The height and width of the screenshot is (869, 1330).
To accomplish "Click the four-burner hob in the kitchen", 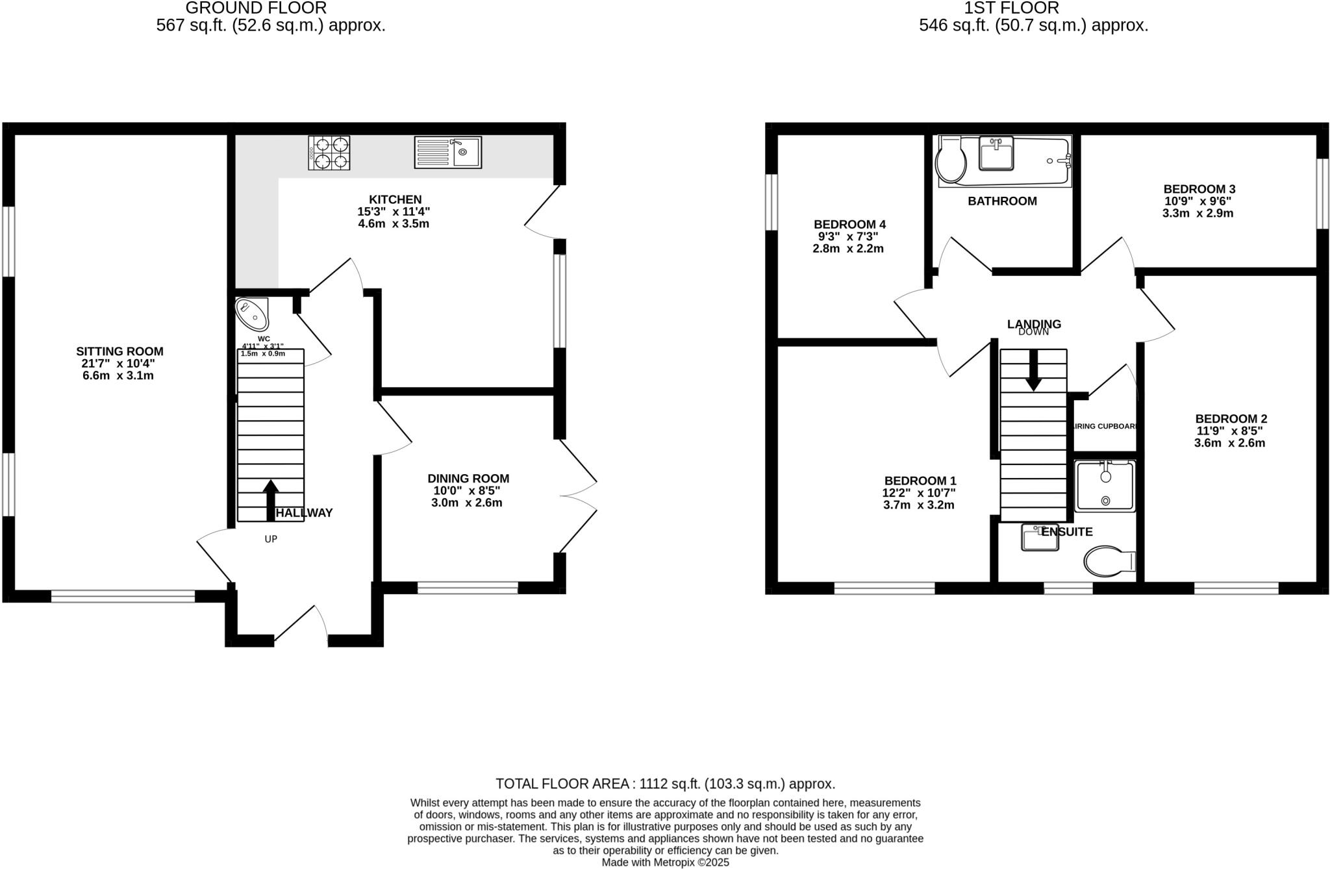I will (329, 153).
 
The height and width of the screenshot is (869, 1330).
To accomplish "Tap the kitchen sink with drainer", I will (447, 152).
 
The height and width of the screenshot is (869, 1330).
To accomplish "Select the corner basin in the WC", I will (252, 314).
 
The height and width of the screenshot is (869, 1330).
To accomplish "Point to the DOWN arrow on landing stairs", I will (1033, 372).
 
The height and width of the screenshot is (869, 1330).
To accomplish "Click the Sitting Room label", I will (119, 351).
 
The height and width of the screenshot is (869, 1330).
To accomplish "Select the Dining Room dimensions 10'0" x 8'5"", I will (468, 491).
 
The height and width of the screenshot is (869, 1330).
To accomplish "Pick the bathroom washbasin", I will (996, 154).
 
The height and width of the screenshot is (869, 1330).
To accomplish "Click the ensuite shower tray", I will (1105, 486).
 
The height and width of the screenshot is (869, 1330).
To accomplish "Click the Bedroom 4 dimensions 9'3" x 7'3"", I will (848, 236).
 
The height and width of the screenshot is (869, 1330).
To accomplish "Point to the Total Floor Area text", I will (665, 783).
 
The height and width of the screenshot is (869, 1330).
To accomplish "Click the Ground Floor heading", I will (256, 8).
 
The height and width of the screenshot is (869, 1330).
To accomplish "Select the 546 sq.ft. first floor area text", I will (1033, 25).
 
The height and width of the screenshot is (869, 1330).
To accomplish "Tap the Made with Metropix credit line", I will (665, 863).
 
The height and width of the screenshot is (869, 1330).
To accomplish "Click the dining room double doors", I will (577, 496).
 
